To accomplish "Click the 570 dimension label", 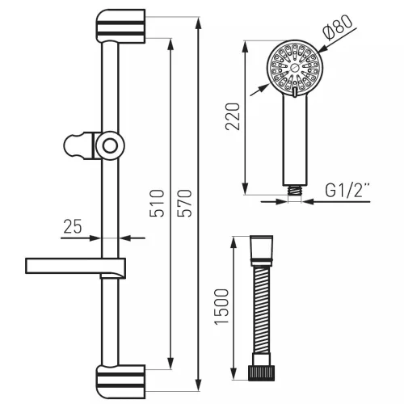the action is (184, 204).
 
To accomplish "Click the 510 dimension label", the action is (157, 204).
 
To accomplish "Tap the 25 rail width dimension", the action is (73, 226).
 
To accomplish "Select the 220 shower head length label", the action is (232, 116).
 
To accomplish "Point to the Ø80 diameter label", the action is (337, 27).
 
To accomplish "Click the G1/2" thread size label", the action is (347, 190).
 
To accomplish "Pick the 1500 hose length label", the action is (221, 307).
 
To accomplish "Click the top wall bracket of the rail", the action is (120, 26).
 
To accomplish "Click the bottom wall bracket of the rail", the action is (120, 382).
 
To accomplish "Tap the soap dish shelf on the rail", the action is (75, 267).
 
